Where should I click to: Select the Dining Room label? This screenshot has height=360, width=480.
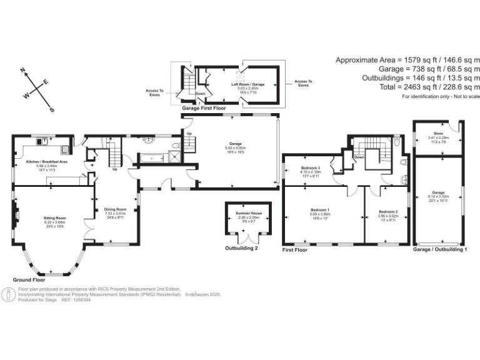point(116,209)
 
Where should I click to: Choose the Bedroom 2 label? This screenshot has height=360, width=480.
point(388,212)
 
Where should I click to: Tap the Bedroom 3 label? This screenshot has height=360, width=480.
point(311,168)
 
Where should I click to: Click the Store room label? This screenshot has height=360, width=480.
point(438,133)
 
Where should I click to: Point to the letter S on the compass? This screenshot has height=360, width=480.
point(52,109)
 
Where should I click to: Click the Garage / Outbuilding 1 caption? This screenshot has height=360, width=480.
point(440,249)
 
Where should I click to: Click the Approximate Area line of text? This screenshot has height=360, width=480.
point(407,60)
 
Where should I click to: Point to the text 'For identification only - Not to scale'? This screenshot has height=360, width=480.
point(441,96)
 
